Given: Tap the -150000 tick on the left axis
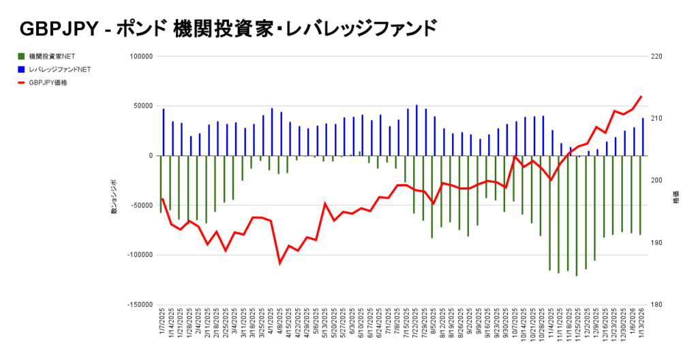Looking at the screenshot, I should pos(139,305).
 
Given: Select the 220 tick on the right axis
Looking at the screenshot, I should pos(658,57).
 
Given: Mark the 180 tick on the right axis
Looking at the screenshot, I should pos(658,305).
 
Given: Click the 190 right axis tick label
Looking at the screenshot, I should pos(658,243).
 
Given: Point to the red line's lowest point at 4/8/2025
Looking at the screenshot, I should pos(280,262).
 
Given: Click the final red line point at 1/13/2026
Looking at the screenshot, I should pos(641,97).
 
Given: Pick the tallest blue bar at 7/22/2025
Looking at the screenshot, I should pos(416,130).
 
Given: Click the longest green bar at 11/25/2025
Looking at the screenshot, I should pos(577,215).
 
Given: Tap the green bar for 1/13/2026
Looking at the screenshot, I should pos(640,195).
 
